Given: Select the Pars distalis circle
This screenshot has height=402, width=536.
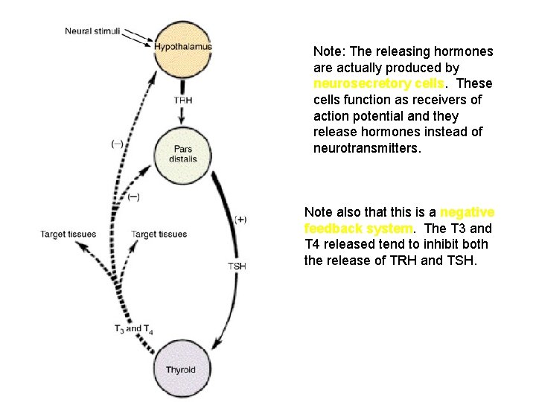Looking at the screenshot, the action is pos(182,154).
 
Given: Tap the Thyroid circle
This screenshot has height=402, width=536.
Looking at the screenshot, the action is pos(181,368).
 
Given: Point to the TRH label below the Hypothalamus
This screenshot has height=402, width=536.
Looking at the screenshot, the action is pos(182,100).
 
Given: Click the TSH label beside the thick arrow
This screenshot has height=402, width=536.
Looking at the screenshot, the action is pos(237,266).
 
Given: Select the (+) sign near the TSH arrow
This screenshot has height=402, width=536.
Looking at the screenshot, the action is pos(240,219).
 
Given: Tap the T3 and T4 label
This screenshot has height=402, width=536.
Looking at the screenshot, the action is pos(133,329).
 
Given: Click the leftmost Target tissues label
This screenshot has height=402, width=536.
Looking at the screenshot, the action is pos(68,234).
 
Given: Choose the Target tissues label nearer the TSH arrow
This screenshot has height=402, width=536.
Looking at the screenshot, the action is pos(159,234).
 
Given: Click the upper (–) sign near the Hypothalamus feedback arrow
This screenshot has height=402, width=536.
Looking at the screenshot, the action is pos(117,144).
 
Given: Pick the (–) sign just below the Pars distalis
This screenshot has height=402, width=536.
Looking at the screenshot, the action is pos(133,197).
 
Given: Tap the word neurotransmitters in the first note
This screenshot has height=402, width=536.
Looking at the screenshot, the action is pos(367,149).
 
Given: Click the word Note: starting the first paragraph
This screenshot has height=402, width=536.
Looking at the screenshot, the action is pos(328,51).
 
